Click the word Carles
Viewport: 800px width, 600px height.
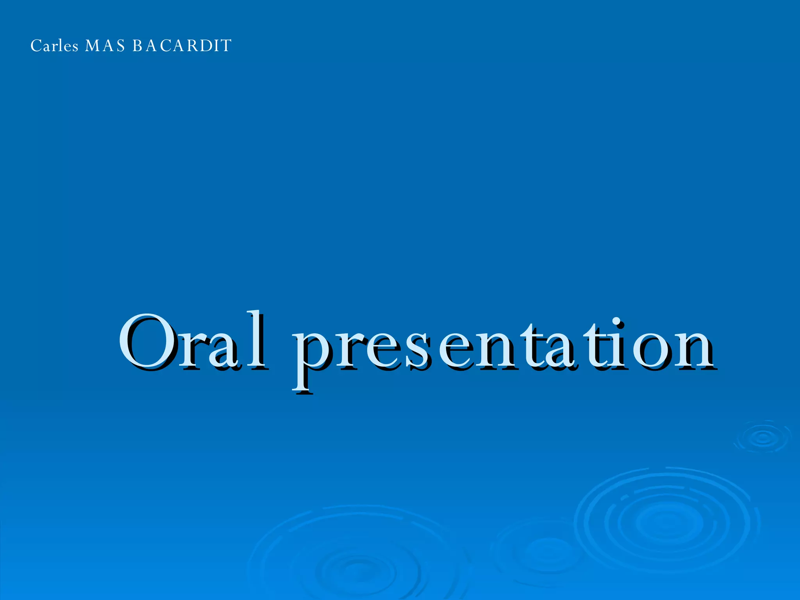click(54, 46)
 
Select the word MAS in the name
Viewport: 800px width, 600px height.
click(105, 46)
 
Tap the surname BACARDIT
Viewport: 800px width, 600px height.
click(182, 46)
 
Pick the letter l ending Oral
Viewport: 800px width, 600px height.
click(257, 340)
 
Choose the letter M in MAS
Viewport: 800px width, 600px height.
click(93, 46)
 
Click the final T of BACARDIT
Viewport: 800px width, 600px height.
click(226, 46)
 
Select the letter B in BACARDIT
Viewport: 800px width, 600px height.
click(138, 46)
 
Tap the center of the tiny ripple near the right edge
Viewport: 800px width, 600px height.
click(763, 437)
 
